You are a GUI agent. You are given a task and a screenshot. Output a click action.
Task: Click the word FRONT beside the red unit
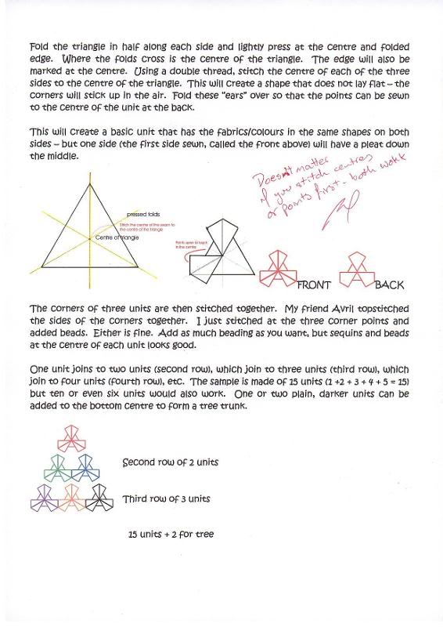click(x=315, y=285)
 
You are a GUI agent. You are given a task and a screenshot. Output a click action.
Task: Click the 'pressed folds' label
click(x=142, y=213)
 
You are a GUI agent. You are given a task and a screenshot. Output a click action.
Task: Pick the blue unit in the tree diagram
click(x=85, y=466)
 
